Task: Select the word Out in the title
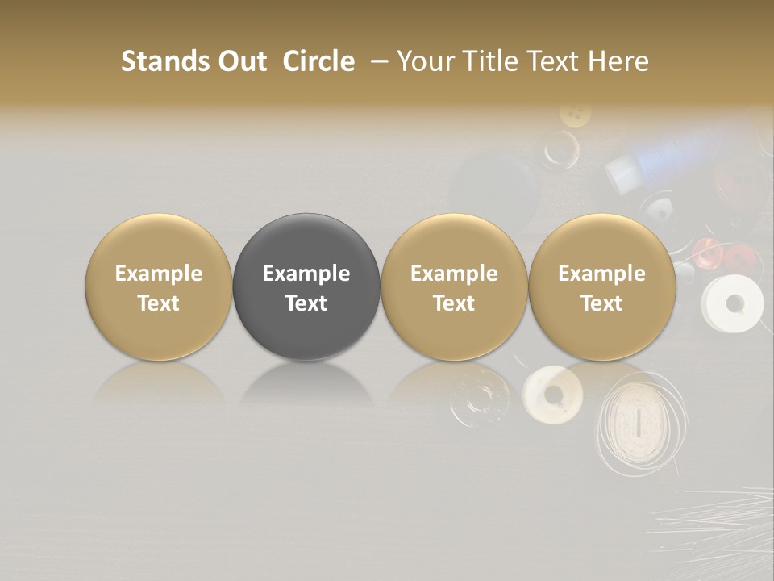click(240, 61)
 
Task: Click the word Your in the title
click(420, 61)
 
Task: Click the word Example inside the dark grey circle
click(306, 274)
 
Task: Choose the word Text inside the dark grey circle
click(306, 303)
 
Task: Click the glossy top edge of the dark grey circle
click(306, 223)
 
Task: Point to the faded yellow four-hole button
click(575, 115)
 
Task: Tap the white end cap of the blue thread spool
click(620, 172)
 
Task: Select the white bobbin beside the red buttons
click(732, 303)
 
